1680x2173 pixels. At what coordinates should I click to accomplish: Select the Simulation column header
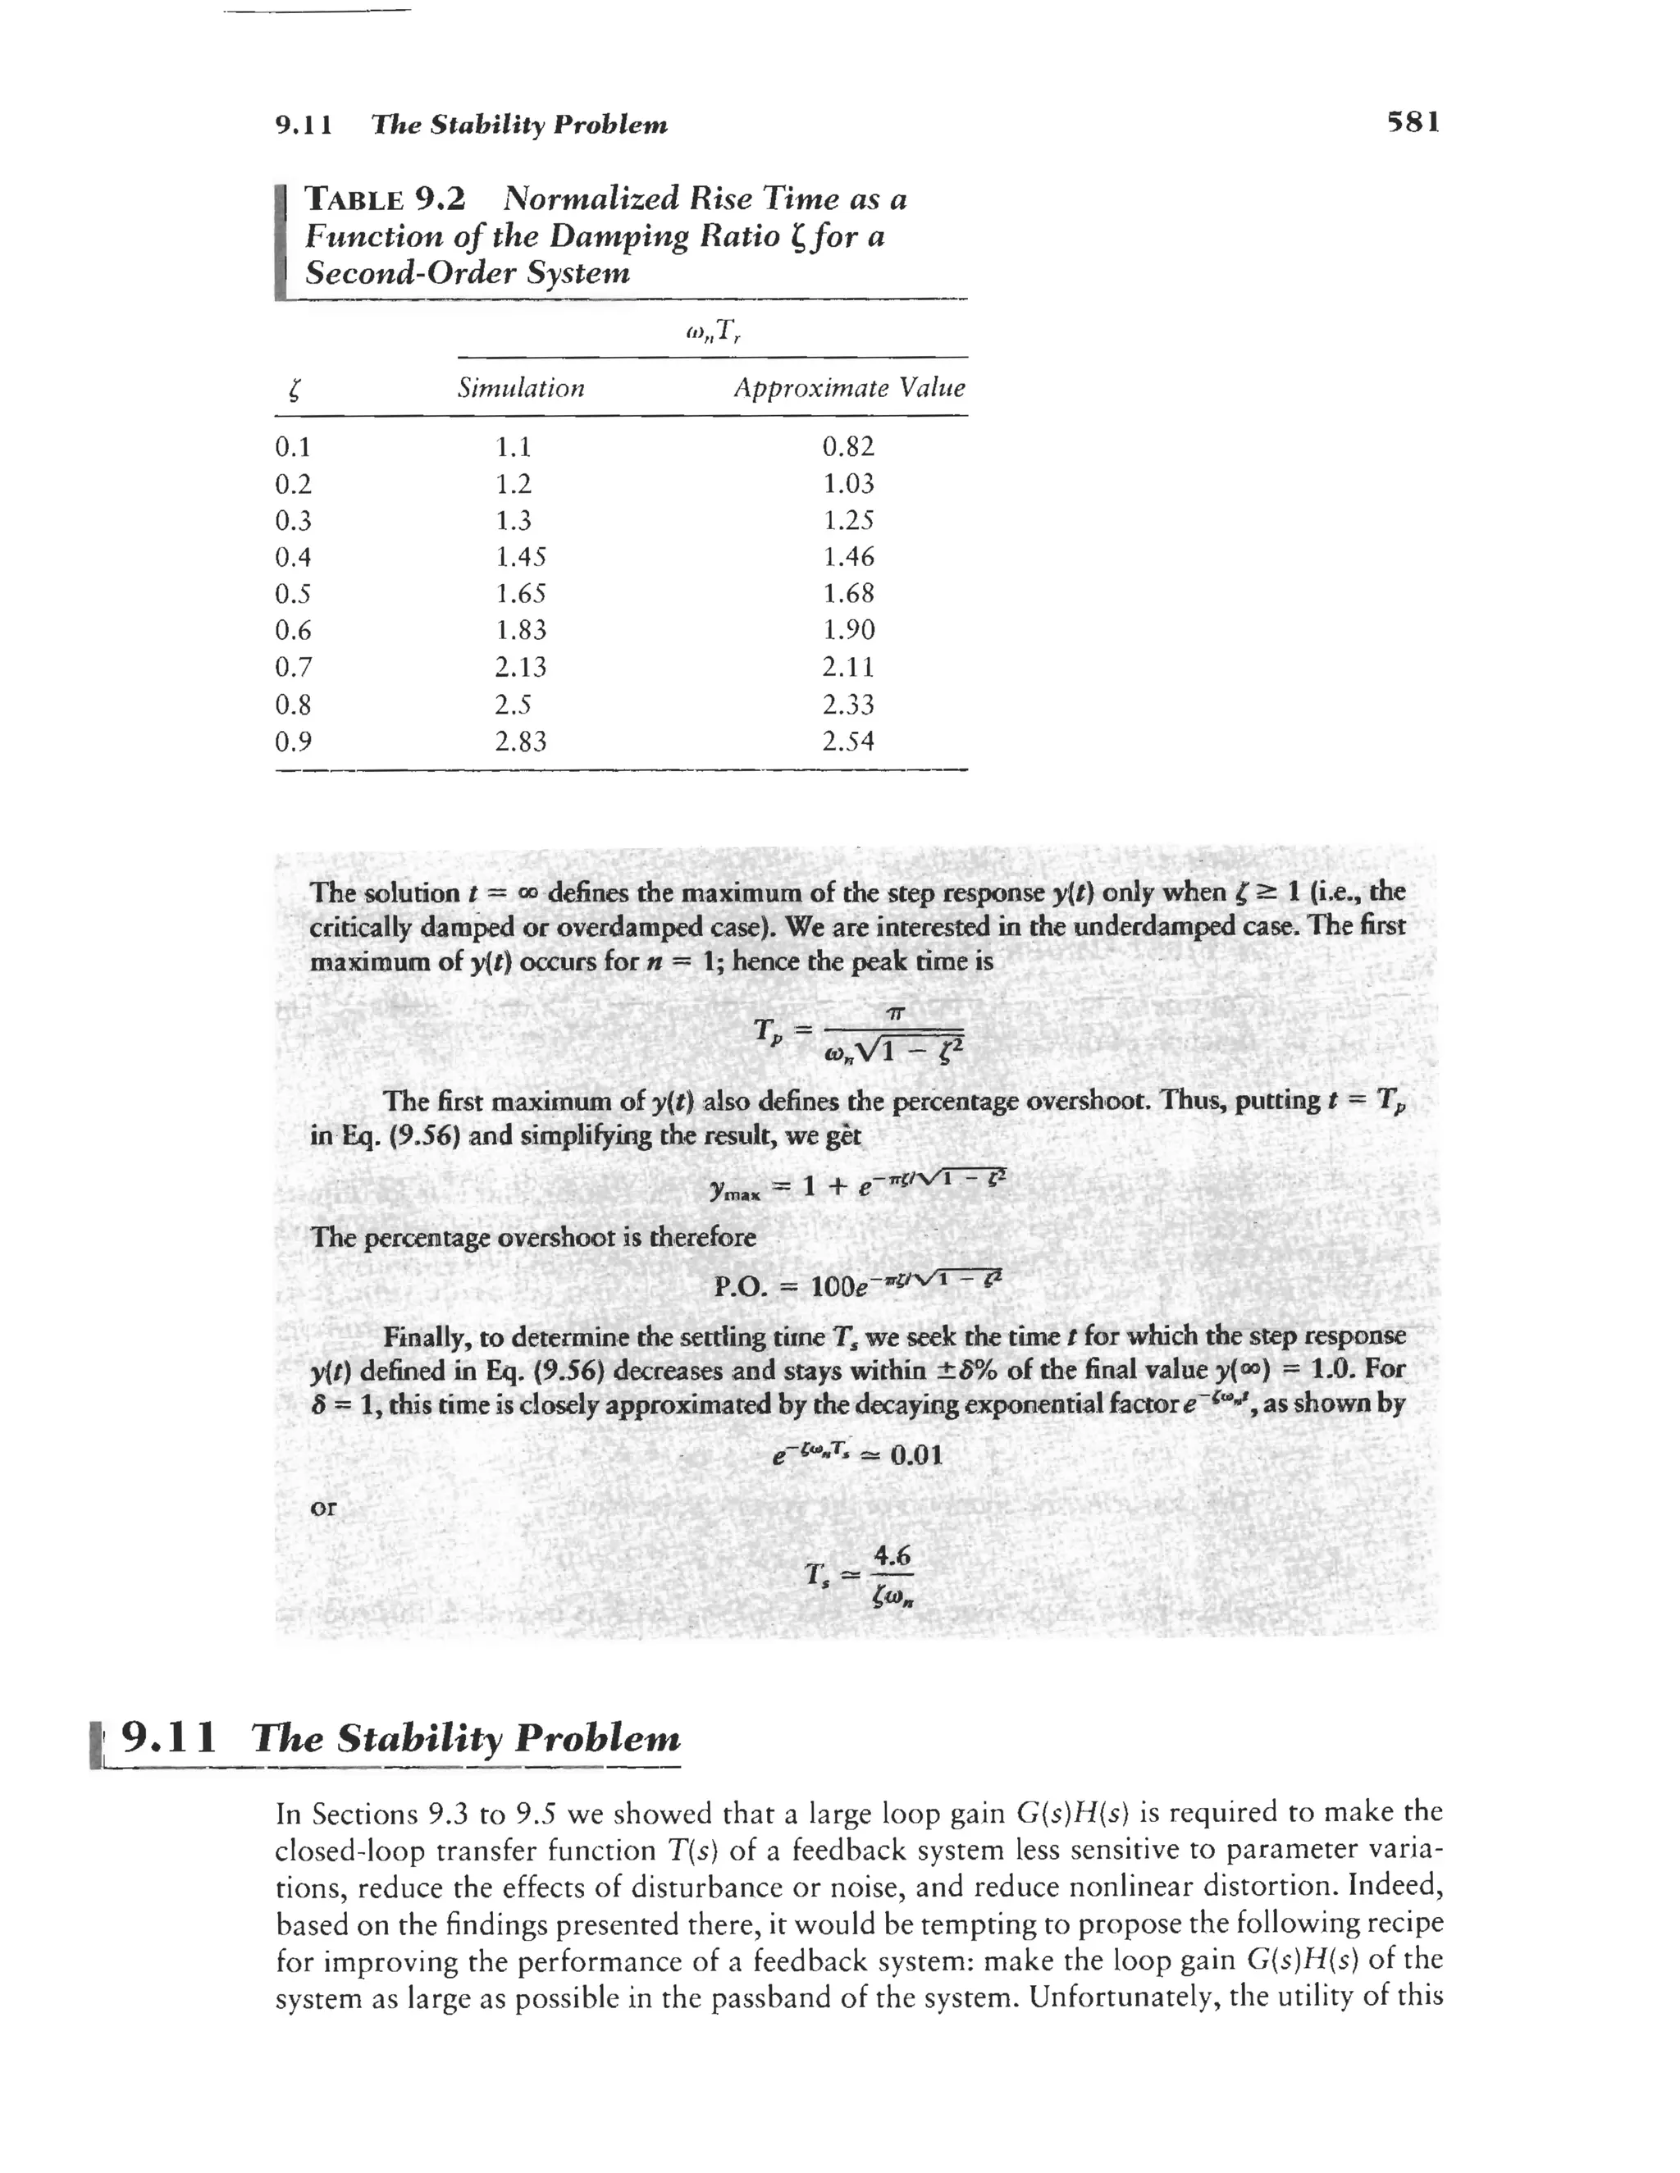tap(521, 388)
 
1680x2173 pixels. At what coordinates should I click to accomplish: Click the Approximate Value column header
tap(849, 388)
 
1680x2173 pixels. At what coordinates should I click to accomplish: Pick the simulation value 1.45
tap(521, 557)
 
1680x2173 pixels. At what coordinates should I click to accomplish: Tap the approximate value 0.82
tap(848, 447)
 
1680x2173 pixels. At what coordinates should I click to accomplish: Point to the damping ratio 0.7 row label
tap(293, 667)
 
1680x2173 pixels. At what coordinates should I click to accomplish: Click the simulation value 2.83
tap(521, 742)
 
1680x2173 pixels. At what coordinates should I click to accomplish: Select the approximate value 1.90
tap(848, 630)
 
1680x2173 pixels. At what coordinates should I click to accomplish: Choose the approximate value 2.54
tap(848, 742)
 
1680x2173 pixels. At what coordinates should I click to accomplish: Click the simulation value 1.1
tap(514, 447)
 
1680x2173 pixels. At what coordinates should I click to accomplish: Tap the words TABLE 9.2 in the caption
tap(386, 199)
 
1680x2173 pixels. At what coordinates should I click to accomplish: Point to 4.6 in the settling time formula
tap(892, 1554)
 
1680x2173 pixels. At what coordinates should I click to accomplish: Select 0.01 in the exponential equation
tap(915, 1455)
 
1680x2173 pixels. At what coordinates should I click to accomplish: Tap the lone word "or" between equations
tap(323, 1508)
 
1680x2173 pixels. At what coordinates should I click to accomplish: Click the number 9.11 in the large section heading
tap(168, 1737)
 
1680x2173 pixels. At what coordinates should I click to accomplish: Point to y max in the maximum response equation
tap(733, 1191)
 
